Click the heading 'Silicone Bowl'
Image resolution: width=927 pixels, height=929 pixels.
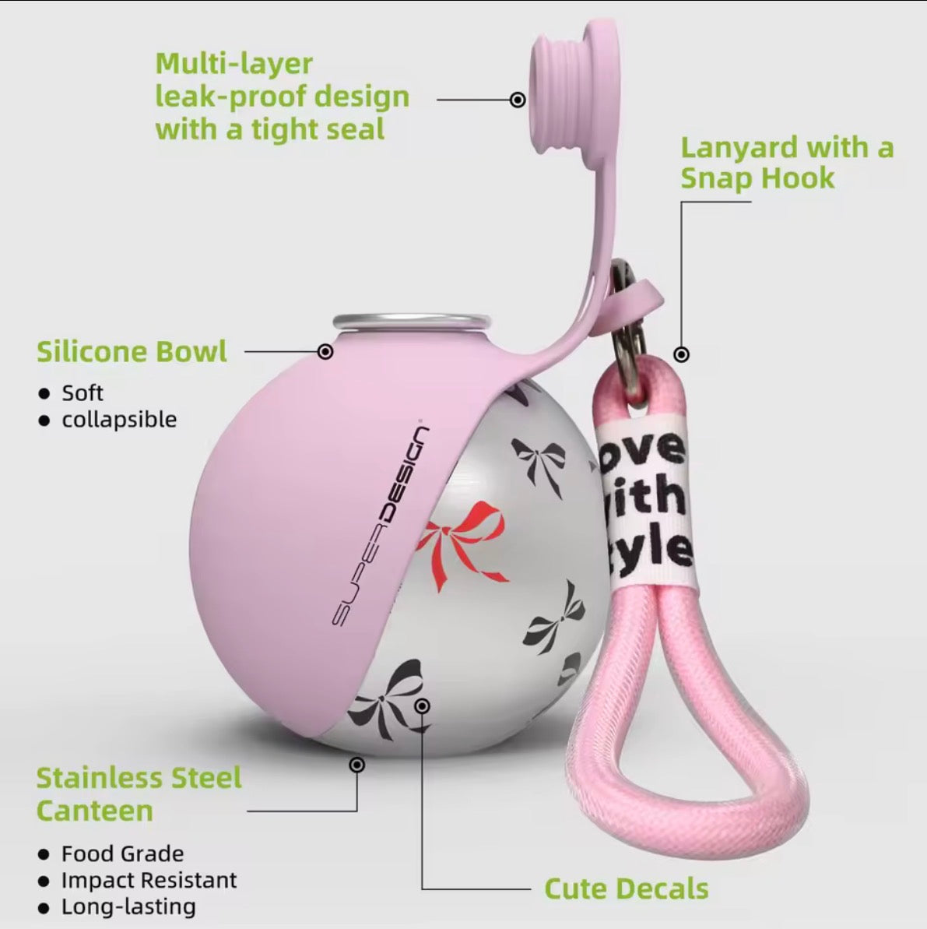click(132, 351)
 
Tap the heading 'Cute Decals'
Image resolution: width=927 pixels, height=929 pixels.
click(626, 889)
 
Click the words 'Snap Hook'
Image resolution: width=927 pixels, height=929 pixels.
click(757, 178)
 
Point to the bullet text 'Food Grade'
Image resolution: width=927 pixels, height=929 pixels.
click(123, 853)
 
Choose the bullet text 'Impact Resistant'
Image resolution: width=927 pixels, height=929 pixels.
click(149, 881)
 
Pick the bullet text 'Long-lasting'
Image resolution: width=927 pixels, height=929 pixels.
click(128, 907)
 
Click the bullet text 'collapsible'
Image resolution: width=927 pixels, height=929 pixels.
click(119, 420)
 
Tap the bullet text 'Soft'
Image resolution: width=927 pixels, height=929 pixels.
click(83, 392)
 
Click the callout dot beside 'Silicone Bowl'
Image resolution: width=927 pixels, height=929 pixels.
click(325, 351)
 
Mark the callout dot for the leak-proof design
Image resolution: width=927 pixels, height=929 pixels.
click(518, 100)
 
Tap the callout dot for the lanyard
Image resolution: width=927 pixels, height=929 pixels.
click(682, 354)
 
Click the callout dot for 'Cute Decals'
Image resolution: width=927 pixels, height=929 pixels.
click(423, 706)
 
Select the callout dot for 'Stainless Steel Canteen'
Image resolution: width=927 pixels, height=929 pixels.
click(356, 765)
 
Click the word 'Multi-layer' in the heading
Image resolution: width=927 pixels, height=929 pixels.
click(234, 64)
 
